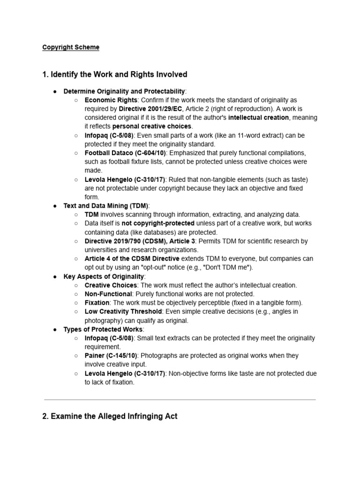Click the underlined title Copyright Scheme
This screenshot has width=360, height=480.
tap(71, 47)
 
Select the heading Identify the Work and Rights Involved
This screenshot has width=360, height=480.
tap(115, 75)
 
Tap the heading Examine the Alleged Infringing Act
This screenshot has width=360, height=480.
tap(110, 416)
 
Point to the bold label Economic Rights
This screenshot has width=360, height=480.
tap(111, 100)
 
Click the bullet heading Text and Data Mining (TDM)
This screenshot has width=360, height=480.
tap(105, 206)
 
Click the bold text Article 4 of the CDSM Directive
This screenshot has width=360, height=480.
tap(132, 259)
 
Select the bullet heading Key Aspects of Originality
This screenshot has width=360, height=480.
tap(104, 277)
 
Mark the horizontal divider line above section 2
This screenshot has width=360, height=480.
tap(180, 400)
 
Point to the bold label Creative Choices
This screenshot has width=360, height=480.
tap(111, 285)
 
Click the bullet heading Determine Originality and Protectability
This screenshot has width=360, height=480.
tap(124, 91)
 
